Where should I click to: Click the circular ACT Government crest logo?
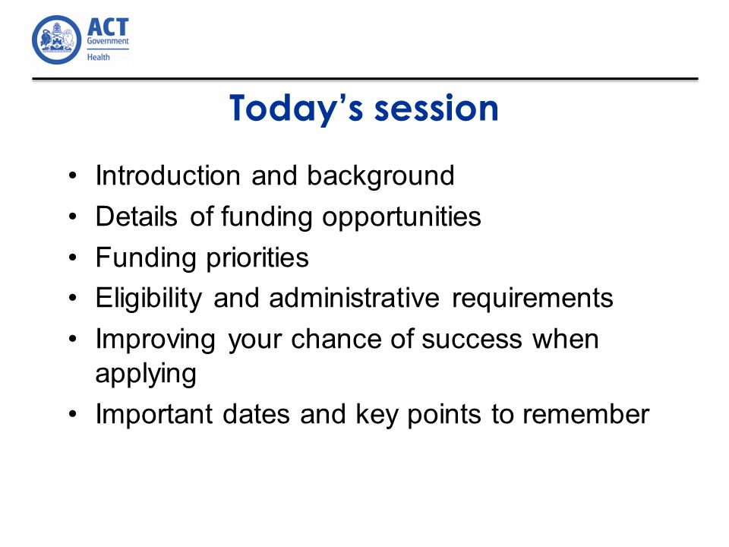(56, 40)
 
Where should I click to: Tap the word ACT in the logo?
(108, 27)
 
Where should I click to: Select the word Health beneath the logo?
(99, 57)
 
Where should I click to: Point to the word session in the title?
(436, 109)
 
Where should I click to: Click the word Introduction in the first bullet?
(168, 175)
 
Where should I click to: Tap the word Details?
(136, 217)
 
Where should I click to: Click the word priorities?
(257, 258)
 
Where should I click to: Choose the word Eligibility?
(149, 298)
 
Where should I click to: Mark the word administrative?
(354, 298)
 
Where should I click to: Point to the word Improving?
(155, 340)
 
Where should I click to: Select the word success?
(472, 340)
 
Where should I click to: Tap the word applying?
(146, 375)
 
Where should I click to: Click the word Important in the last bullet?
(154, 415)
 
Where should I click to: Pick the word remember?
(585, 414)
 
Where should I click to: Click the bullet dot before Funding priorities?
(72, 258)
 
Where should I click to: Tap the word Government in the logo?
(108, 41)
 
